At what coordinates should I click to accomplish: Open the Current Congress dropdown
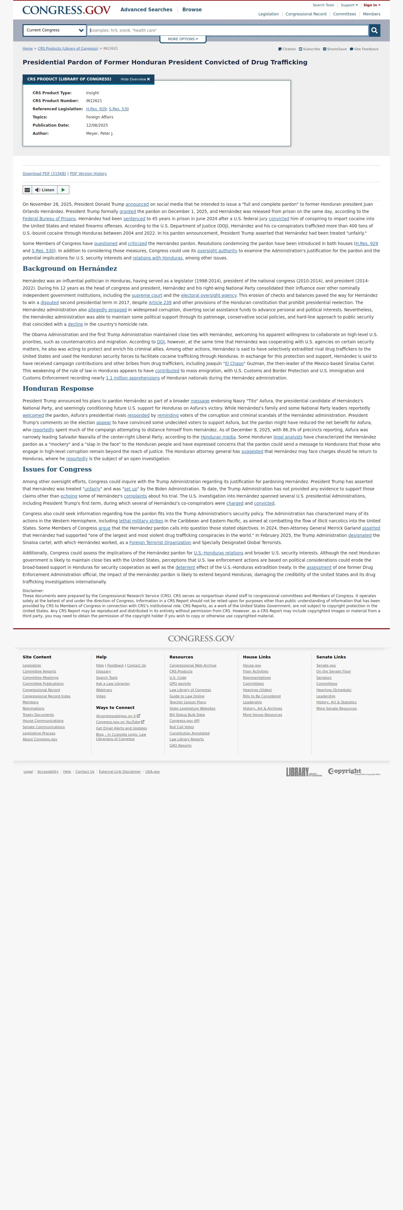coord(54,30)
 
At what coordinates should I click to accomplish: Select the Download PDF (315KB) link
coord(45,174)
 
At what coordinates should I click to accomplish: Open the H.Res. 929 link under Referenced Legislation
coord(96,109)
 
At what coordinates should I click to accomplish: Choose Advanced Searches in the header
coord(146,10)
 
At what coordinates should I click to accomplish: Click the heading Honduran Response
coord(58,389)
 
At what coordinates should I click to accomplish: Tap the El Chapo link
coord(234,363)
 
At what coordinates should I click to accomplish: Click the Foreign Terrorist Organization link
coord(160,542)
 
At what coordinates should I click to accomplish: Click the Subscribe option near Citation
coord(310,49)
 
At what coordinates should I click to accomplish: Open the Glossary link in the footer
coord(103,672)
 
